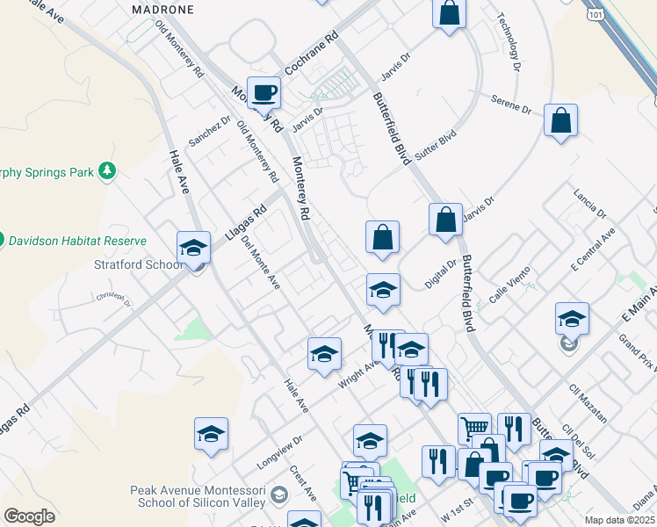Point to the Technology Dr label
pos(509,41)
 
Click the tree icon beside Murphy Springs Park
pos(107,170)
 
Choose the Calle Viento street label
pos(505,289)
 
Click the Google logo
pos(29,516)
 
